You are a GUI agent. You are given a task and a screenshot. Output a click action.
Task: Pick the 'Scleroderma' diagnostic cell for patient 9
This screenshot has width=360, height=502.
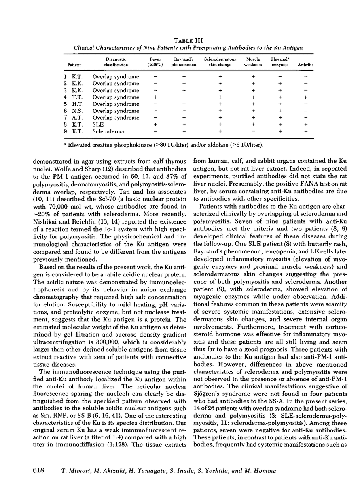tap(107, 131)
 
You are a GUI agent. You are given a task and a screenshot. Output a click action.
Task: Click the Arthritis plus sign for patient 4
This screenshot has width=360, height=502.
tap(305, 97)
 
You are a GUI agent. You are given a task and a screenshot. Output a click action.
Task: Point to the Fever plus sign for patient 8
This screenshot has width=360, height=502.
tap(155, 124)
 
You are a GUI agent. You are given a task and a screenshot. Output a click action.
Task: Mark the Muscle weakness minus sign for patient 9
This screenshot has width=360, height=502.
tap(253, 131)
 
